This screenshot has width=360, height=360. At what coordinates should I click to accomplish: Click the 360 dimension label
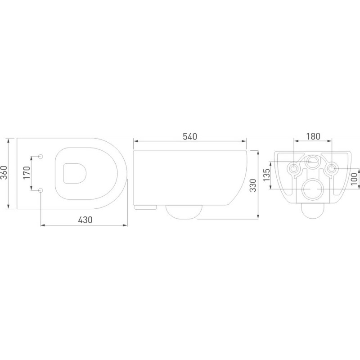(4, 173)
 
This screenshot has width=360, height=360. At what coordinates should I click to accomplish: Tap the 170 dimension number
(27, 173)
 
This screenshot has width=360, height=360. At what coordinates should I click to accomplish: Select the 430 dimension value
(85, 220)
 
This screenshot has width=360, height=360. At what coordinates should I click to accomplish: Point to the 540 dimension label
(190, 137)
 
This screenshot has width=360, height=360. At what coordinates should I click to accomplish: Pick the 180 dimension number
(313, 136)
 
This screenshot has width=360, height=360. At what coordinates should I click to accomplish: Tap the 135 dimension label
(266, 175)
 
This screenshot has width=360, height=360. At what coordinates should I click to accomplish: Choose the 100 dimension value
(354, 179)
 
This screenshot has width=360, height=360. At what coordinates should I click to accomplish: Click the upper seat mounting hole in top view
(40, 156)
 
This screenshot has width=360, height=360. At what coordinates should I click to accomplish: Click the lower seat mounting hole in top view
(40, 190)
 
